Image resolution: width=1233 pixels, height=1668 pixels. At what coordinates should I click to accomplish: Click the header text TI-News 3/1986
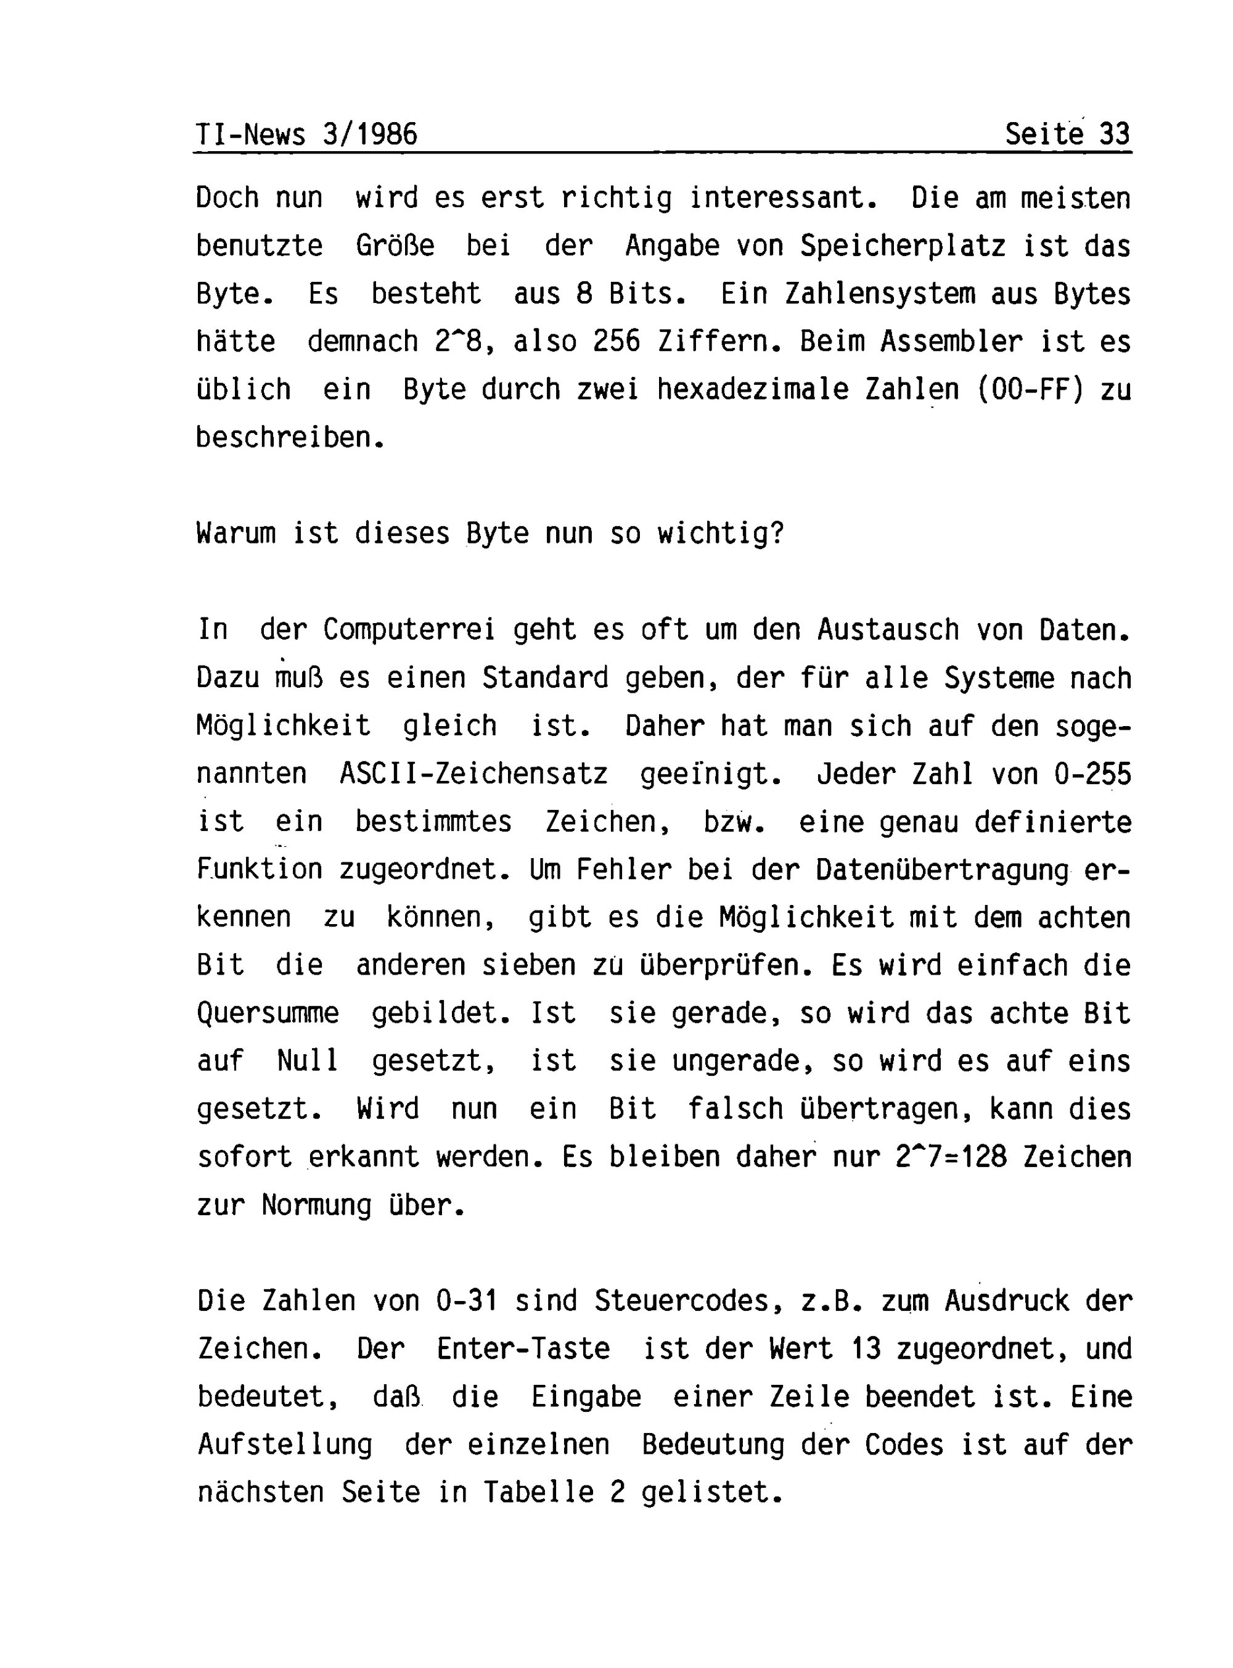(306, 134)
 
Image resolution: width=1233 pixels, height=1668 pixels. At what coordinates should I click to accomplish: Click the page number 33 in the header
(1115, 134)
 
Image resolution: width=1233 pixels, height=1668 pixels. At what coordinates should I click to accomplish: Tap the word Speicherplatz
(903, 246)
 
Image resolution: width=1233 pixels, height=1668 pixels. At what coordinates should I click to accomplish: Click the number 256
(616, 342)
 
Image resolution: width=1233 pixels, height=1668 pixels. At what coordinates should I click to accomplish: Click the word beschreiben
(290, 437)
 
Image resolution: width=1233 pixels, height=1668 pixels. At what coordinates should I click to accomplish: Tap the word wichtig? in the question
(720, 534)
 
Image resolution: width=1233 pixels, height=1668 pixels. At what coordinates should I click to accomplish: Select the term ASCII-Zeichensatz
(474, 774)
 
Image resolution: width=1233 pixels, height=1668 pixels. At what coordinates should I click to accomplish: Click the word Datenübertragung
(943, 870)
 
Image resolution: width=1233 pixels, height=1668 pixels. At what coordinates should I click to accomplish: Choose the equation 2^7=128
(951, 1157)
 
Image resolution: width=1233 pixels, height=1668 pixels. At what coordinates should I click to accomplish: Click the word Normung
(316, 1205)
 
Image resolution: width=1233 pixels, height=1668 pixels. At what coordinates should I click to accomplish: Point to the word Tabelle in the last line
(538, 1492)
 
